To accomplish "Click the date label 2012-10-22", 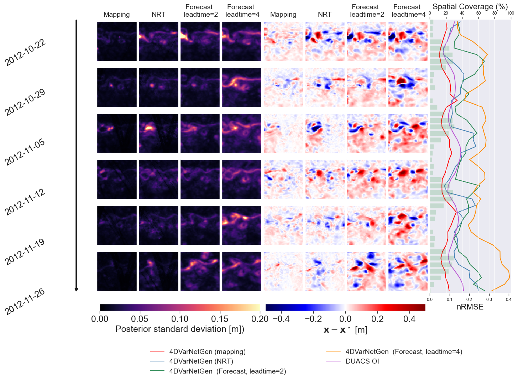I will click(25, 52).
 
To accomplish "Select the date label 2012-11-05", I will click(25, 152).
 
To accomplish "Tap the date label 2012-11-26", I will click(25, 301).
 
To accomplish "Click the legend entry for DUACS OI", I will click(362, 361).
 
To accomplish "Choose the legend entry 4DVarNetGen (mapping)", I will click(207, 351).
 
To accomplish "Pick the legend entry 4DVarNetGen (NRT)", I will click(201, 361).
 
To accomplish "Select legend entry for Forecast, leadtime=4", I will click(404, 351).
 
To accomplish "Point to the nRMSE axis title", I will click(470, 307).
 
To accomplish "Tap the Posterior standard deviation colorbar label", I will click(180, 329).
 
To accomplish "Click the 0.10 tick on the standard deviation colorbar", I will click(180, 319).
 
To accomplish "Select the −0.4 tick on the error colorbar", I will click(281, 319).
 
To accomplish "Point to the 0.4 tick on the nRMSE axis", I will click(509, 300).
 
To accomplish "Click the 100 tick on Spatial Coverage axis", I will click(511, 13).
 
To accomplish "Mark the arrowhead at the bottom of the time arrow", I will click(76, 290).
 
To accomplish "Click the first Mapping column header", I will click(116, 15).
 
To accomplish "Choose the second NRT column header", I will click(324, 15).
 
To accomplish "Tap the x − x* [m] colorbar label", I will click(345, 330).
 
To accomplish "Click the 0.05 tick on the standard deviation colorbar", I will click(140, 319).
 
